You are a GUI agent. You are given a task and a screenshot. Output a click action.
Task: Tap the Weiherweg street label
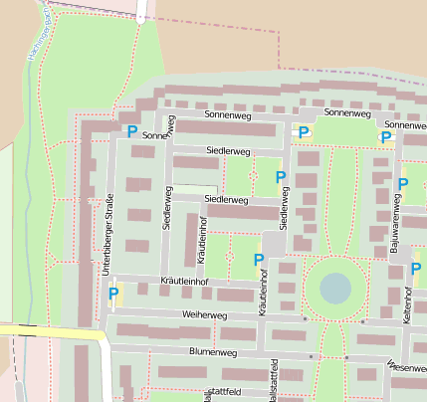pos(204,313)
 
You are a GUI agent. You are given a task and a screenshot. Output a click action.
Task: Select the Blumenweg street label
pos(211,352)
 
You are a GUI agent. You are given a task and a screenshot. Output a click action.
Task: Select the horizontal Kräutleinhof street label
pos(184,283)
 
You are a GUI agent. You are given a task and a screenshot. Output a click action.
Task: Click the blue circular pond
pos(335,289)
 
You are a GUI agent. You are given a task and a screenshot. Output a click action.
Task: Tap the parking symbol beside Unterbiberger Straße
pos(113,294)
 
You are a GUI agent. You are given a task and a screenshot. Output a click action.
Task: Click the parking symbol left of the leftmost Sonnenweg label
pos(132,130)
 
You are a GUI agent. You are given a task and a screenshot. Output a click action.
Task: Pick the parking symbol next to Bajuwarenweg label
pos(403,183)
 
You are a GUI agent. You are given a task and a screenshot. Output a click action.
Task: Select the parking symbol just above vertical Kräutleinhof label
pos(259,260)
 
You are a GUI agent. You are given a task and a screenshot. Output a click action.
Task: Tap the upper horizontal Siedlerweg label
pos(227,150)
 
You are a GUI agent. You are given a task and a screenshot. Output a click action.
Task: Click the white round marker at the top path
pos(141,18)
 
